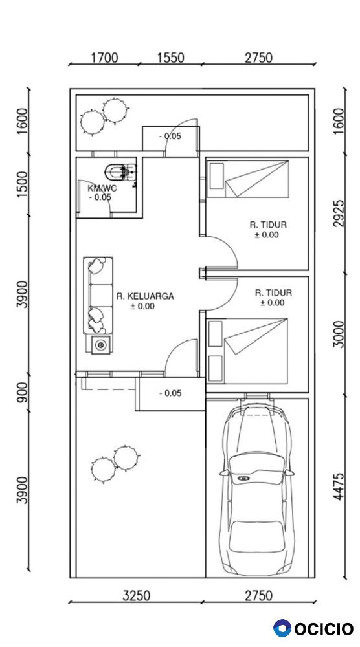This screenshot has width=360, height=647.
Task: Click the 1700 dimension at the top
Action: point(104,58)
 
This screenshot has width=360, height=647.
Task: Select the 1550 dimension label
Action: point(170,58)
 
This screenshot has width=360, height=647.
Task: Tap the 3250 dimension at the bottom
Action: point(137,595)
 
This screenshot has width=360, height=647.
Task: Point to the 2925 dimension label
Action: point(339,214)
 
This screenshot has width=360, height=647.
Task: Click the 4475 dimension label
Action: point(339,487)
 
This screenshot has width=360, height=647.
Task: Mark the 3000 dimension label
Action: point(339,334)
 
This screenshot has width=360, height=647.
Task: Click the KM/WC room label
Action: point(102,188)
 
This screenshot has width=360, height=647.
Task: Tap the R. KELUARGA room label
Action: point(145,296)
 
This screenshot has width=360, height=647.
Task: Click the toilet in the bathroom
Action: point(120,171)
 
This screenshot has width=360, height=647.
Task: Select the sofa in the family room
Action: point(98,295)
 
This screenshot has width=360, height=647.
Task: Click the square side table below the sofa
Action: point(99,345)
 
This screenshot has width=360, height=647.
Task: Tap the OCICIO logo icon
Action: point(282,628)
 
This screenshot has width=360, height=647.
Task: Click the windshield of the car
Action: point(257,463)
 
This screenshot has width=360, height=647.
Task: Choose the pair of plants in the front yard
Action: point(115,463)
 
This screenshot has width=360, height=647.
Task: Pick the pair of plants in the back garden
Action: point(103,116)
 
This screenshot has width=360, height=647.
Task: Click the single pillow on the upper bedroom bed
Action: point(216,176)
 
